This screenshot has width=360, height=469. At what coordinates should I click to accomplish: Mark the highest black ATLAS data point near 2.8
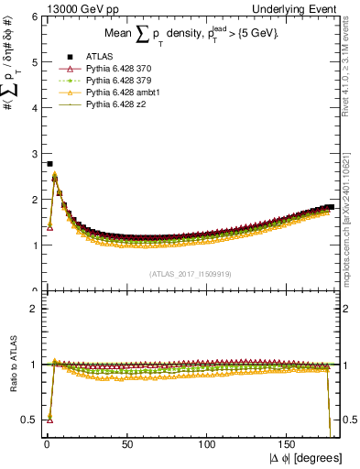[x=49, y=164]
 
